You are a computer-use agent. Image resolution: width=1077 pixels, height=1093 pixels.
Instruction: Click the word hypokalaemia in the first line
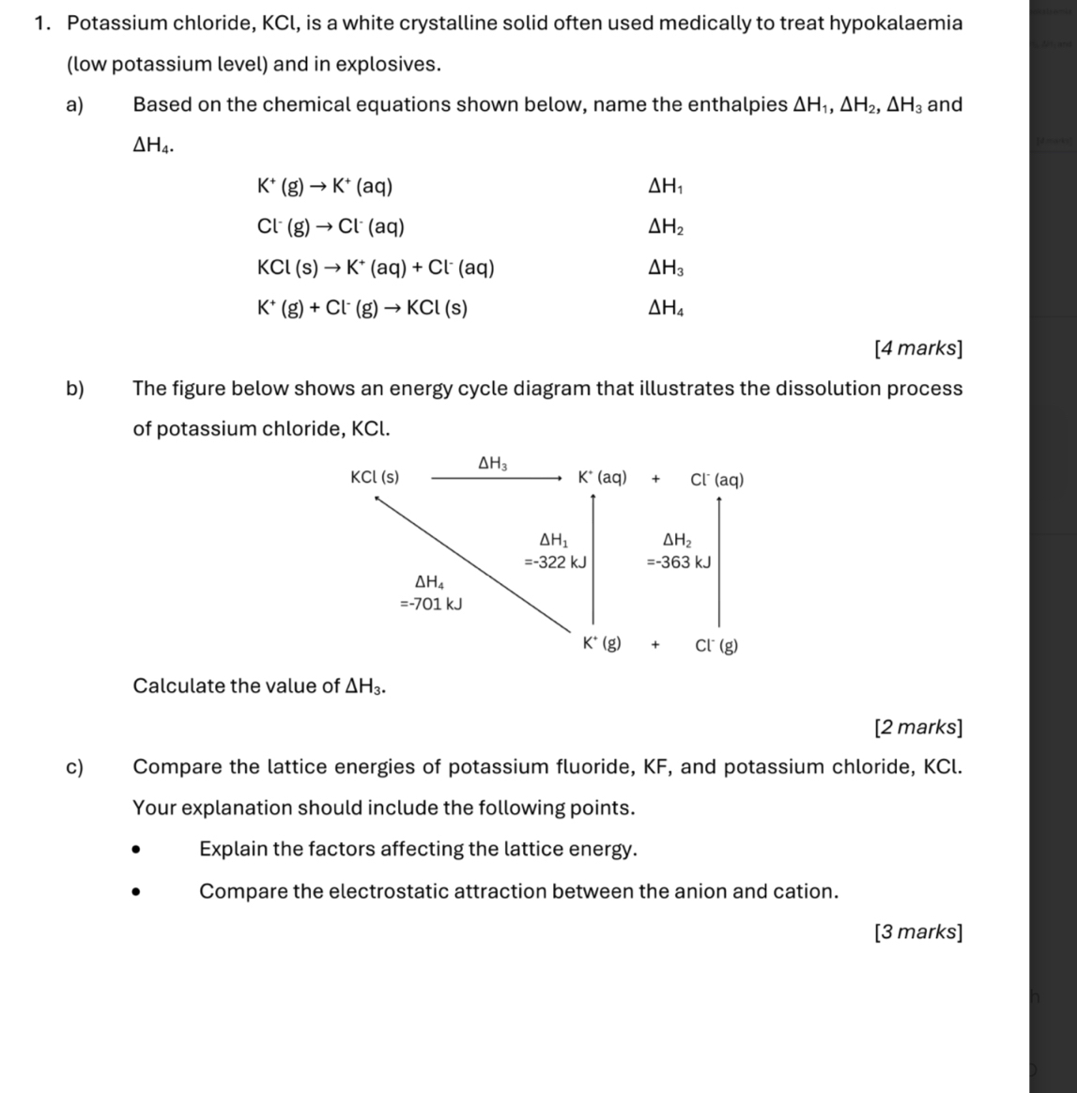point(898,23)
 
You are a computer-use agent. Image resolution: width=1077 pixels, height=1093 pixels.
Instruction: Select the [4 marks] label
point(917,348)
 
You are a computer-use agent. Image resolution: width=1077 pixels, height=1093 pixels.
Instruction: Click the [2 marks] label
point(917,727)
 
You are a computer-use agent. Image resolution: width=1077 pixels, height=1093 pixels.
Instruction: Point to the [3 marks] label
point(917,932)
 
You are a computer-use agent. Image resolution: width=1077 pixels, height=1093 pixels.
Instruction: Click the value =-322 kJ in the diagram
point(555,562)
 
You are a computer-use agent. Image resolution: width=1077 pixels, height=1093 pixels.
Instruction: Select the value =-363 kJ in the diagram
point(678,562)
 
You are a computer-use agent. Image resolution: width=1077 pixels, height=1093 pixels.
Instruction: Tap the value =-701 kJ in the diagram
point(431,604)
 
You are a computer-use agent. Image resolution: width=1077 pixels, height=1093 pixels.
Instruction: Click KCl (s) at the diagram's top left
point(375,477)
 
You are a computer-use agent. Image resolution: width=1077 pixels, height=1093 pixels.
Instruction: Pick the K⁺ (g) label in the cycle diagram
point(601,644)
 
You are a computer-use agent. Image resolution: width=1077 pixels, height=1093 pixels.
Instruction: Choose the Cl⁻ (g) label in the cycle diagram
point(716,646)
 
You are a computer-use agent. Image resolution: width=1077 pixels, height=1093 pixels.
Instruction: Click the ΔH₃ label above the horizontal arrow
point(493,462)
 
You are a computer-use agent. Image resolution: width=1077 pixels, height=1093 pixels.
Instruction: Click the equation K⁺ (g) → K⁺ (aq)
point(325,186)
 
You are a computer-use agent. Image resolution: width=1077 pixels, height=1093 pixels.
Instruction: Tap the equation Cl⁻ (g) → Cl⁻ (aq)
point(331,227)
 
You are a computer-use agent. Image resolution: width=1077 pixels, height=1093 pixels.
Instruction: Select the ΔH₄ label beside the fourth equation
point(666,308)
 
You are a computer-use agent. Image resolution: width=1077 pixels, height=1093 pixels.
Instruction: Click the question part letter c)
point(74,767)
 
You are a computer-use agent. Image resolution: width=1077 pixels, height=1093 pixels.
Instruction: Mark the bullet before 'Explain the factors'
point(138,851)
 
